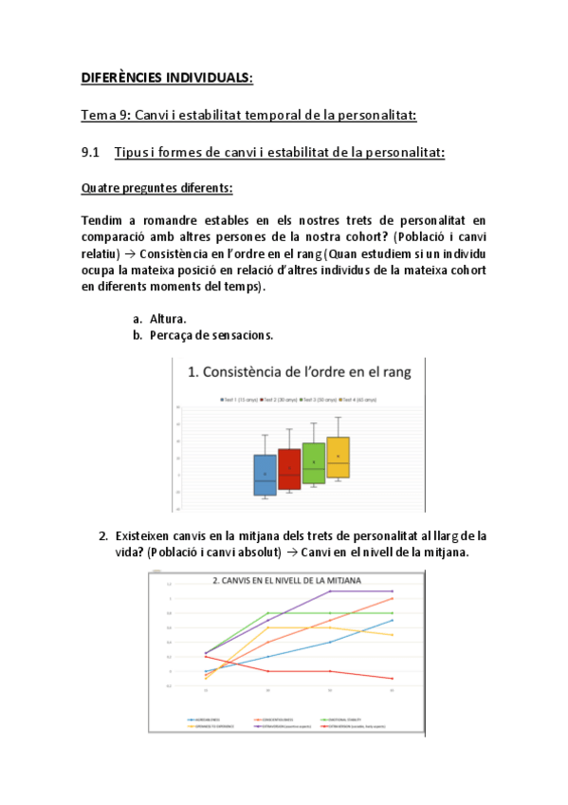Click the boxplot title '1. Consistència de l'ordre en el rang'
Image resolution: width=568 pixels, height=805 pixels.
[300, 372]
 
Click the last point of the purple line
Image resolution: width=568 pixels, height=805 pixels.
[392, 590]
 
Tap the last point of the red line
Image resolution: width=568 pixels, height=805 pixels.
[392, 679]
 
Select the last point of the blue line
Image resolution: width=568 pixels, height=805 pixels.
[392, 620]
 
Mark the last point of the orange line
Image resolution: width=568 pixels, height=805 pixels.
[392, 598]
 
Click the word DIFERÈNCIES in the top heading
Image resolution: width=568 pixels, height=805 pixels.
[119, 77]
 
